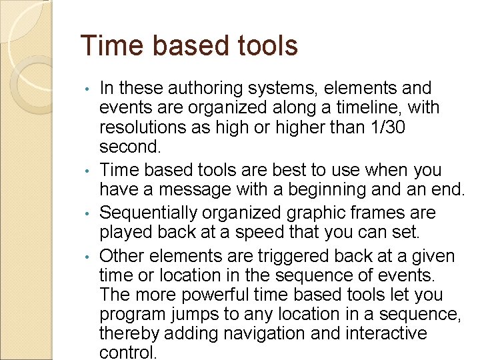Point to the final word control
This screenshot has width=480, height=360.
128,352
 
